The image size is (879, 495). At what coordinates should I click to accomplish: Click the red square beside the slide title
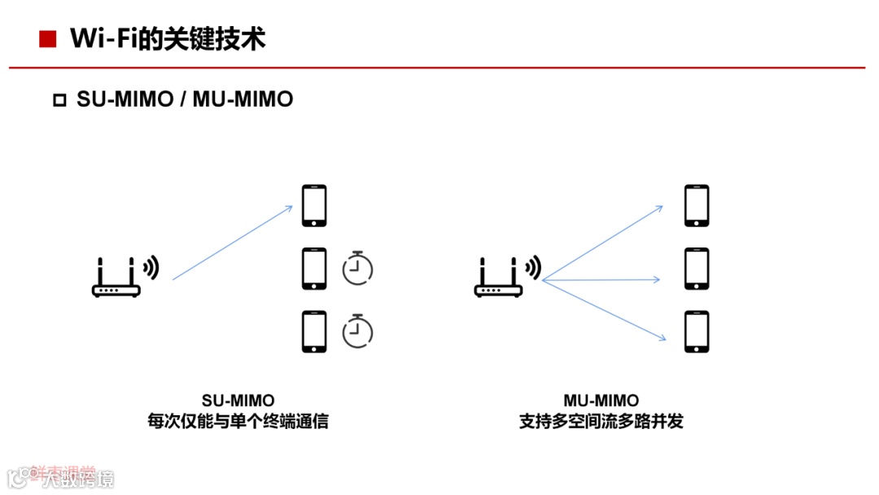click(47, 38)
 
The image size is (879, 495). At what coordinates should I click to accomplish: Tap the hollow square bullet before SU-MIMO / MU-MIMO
click(59, 100)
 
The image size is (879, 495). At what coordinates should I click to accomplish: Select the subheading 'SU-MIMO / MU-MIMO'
click(185, 99)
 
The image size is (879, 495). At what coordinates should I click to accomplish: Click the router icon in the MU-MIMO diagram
click(499, 278)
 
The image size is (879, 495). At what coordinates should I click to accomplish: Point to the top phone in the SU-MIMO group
click(314, 206)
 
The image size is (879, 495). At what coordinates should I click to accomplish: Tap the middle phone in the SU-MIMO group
click(314, 269)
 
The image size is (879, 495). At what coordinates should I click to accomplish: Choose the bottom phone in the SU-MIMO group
click(314, 331)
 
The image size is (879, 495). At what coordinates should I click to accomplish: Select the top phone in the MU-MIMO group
click(697, 206)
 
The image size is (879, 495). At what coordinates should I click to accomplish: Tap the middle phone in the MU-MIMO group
click(697, 269)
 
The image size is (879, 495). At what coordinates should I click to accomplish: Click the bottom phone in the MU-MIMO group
click(697, 331)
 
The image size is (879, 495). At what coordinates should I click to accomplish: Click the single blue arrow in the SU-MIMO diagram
click(232, 243)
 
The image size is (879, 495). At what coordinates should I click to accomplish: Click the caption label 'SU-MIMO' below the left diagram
click(238, 401)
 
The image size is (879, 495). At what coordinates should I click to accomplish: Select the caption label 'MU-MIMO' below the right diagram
click(601, 401)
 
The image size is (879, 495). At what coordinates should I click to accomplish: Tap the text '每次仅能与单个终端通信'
click(238, 422)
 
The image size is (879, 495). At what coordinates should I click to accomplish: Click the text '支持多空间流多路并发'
click(601, 422)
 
